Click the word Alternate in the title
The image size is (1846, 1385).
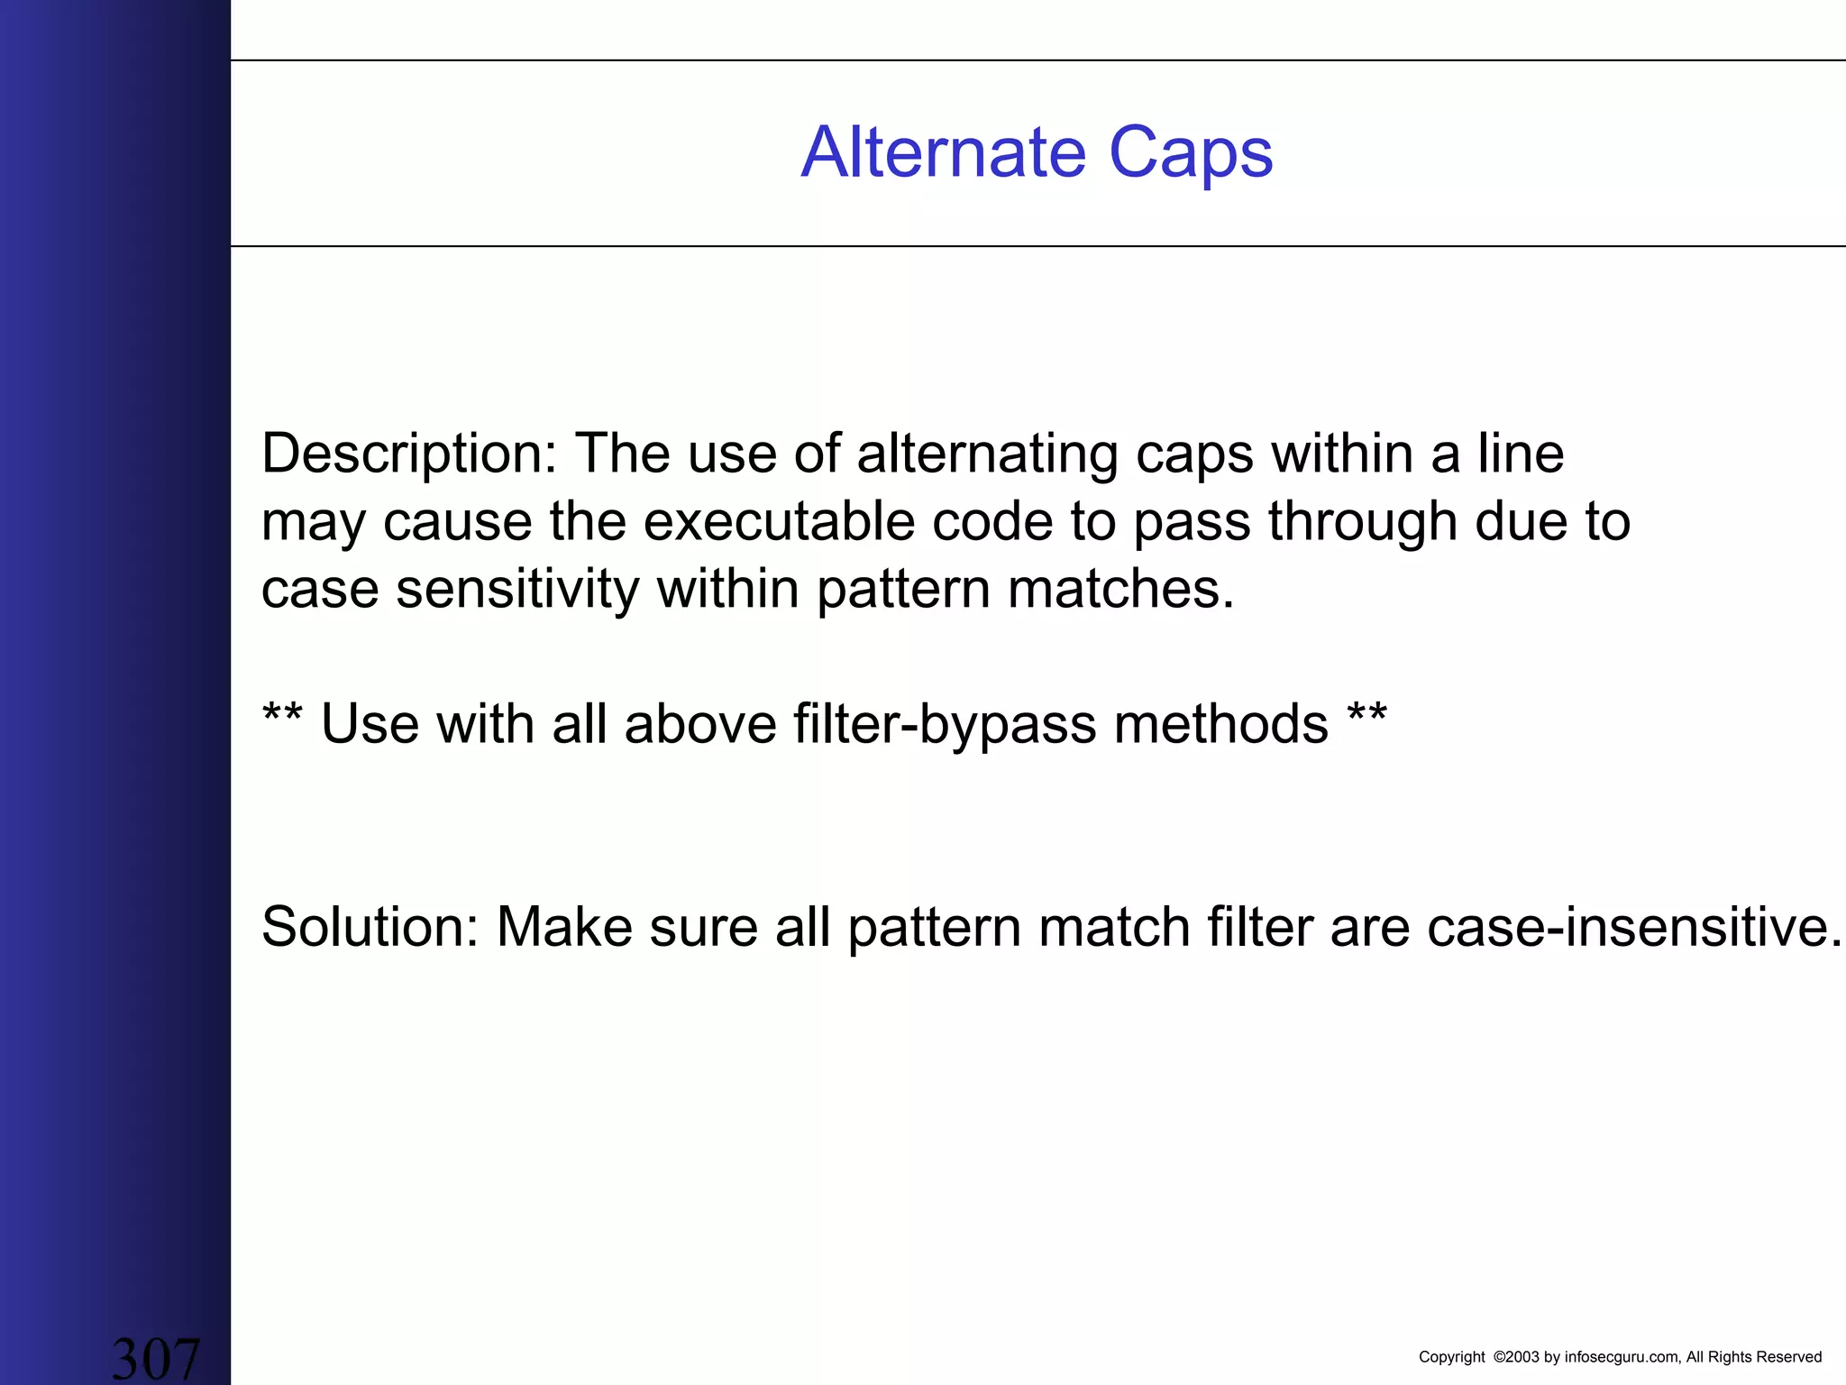click(943, 152)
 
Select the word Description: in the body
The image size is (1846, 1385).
click(409, 454)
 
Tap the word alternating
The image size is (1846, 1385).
click(987, 454)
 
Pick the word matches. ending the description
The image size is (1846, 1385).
click(1120, 590)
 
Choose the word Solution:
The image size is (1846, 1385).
click(370, 927)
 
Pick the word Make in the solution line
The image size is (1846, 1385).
click(565, 927)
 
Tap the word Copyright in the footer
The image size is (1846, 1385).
click(1451, 1357)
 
